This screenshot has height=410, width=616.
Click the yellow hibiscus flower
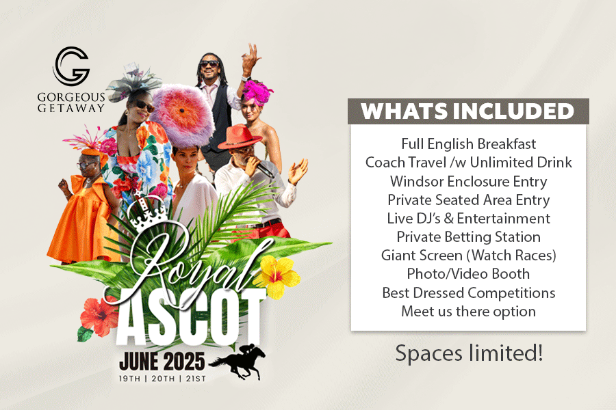click(277, 276)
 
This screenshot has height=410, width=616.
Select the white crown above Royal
click(149, 211)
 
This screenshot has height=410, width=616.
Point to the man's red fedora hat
click(240, 137)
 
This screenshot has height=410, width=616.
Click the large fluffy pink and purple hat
click(183, 116)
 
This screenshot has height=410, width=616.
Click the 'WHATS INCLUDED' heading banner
click(468, 111)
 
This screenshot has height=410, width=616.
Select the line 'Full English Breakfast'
click(468, 144)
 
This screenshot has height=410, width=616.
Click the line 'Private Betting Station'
click(468, 237)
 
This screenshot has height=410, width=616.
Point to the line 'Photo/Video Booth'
click(468, 274)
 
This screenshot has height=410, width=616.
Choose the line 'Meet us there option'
click(468, 312)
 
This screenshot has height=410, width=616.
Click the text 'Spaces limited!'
click(469, 353)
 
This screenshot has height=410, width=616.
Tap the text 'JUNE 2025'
click(162, 361)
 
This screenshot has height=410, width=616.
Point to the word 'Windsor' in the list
click(416, 182)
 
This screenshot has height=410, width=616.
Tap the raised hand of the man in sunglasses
click(251, 57)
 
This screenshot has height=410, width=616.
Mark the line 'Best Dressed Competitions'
click(468, 293)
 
